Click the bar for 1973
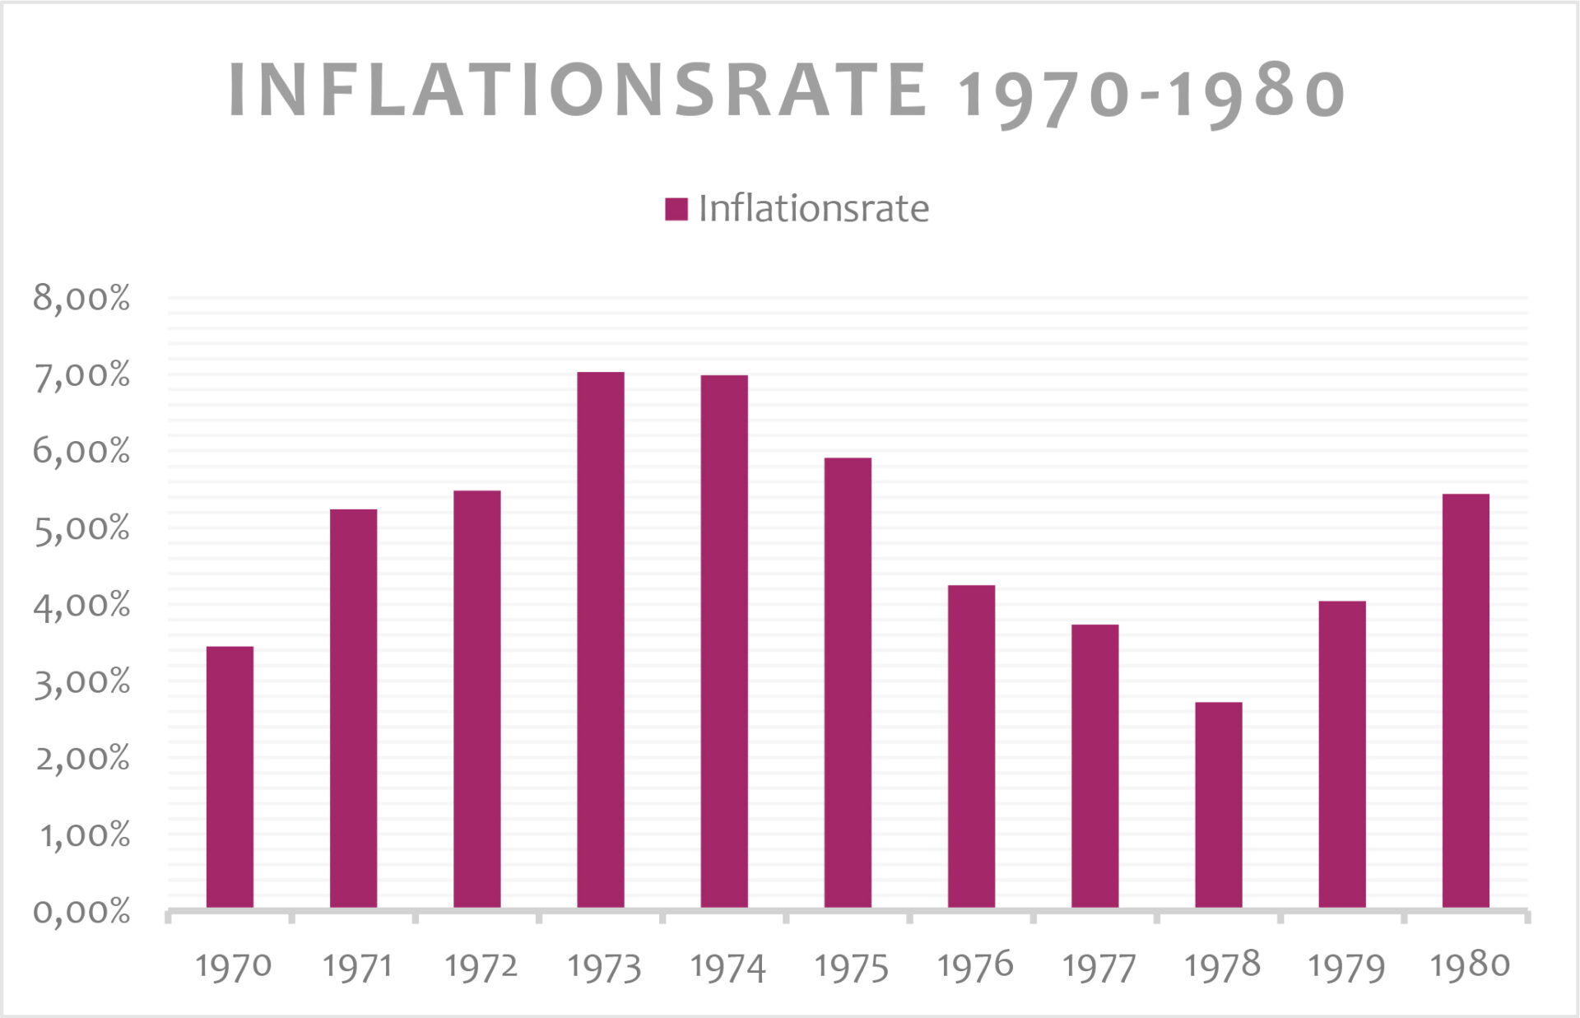600,639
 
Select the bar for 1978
1218,804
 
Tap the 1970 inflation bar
230,776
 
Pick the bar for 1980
1465,700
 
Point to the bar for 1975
848,682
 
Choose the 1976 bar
971,746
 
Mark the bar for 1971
353,708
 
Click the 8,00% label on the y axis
81,298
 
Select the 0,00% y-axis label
81,912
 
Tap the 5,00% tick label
81,528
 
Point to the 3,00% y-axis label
81,682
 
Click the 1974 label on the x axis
727,967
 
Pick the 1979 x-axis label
1345,967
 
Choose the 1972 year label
481,967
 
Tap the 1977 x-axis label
1099,967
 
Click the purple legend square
676,209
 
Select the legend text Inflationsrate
813,209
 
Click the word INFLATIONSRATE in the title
578,90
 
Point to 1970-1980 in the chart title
1150,93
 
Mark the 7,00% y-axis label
81,375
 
